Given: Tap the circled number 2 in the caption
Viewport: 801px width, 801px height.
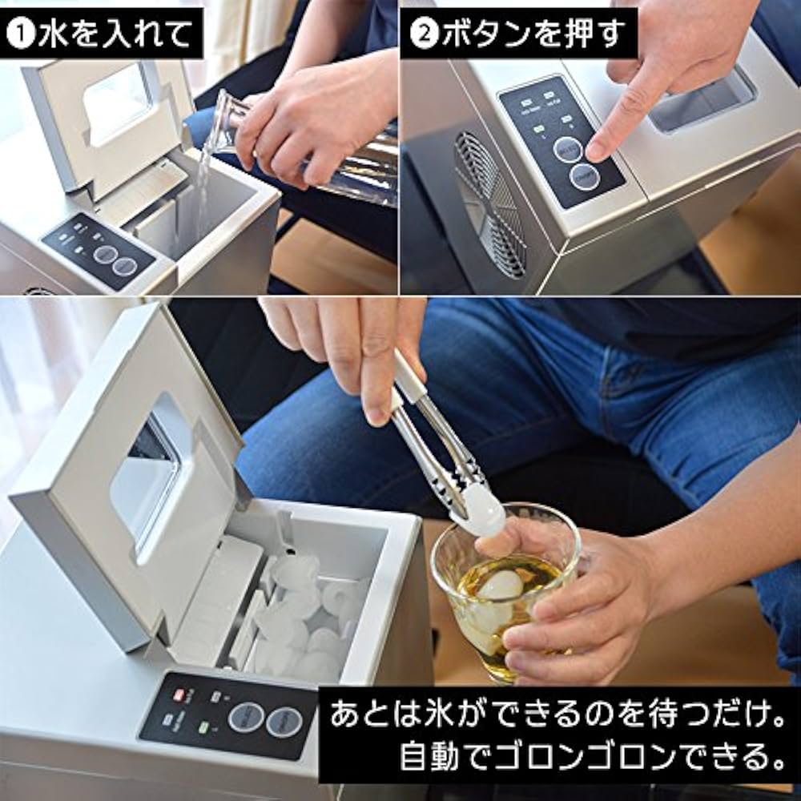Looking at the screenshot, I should coord(422,34).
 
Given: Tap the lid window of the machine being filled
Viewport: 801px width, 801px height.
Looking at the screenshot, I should coord(120,100).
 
